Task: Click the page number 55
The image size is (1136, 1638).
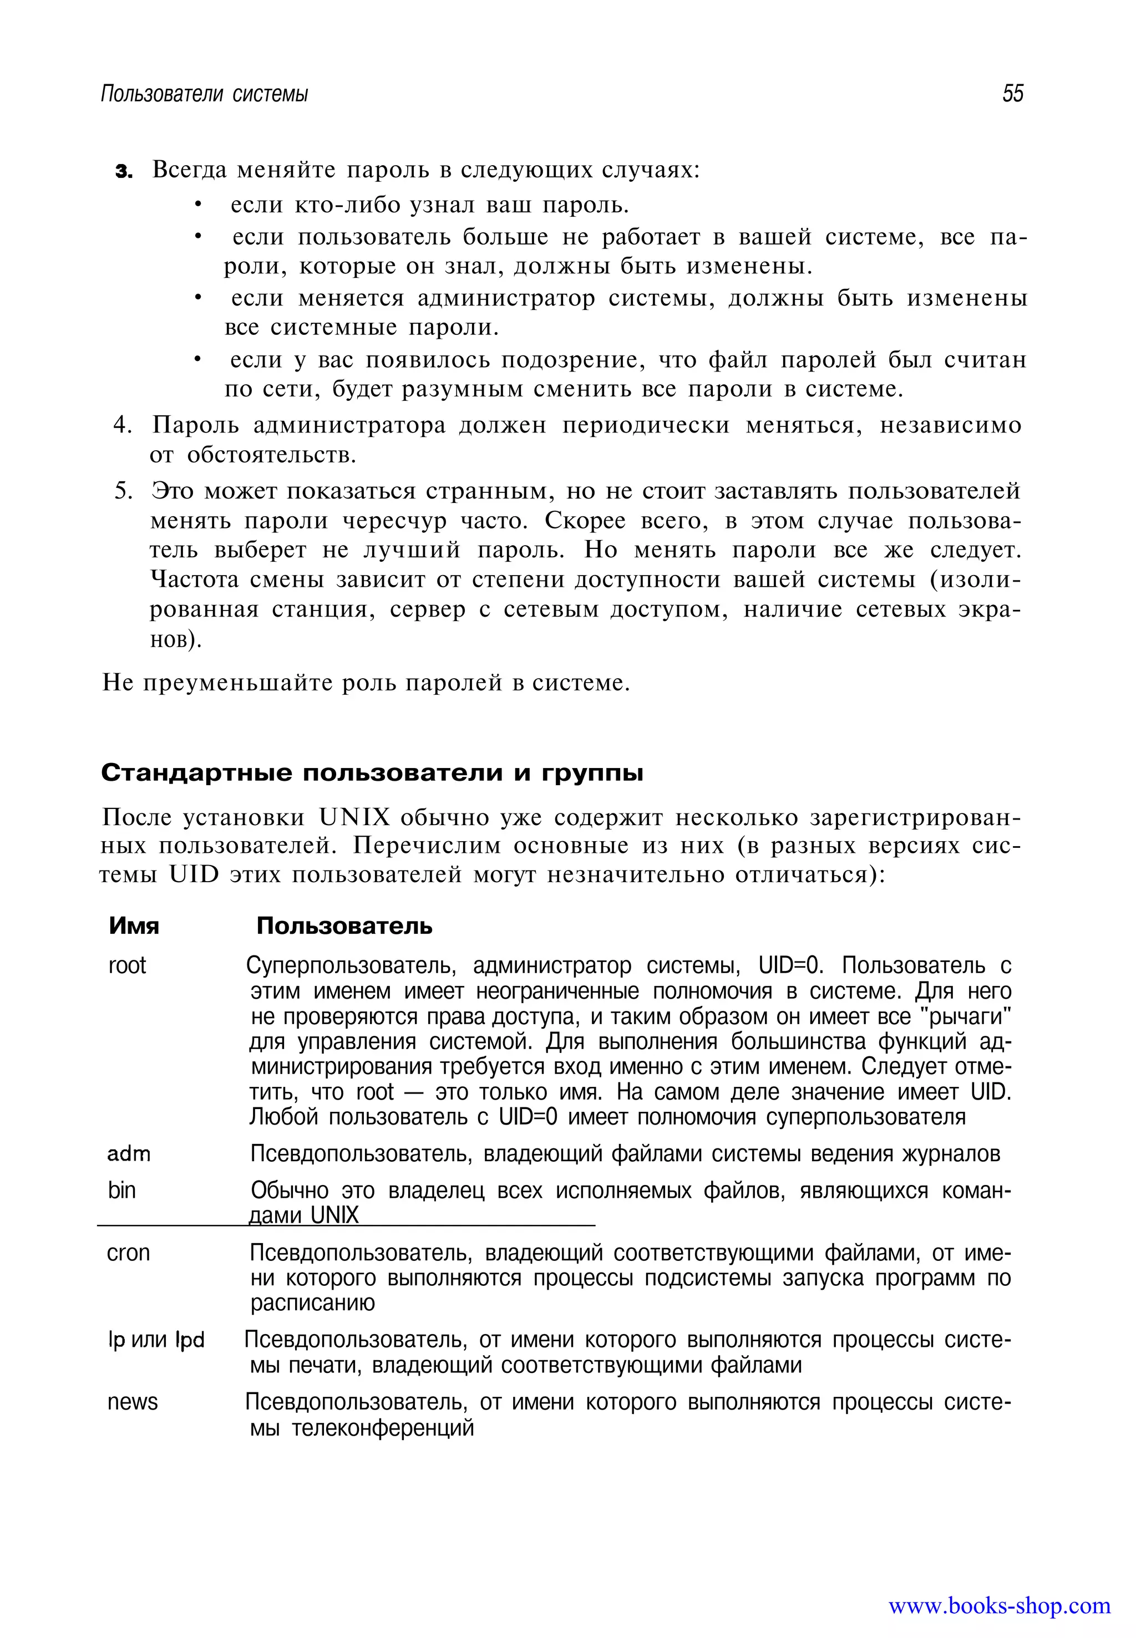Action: point(1012,93)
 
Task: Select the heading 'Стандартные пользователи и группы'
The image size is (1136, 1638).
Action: point(372,773)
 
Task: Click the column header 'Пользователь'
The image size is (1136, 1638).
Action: point(344,925)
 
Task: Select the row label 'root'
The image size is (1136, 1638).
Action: point(126,965)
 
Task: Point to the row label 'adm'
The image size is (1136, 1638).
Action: point(128,1153)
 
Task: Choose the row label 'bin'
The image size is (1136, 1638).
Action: point(121,1190)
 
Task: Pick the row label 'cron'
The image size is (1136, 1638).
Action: point(128,1252)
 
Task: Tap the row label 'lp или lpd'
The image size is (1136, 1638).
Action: point(156,1340)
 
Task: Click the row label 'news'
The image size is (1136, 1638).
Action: point(133,1402)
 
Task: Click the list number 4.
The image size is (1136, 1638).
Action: point(123,425)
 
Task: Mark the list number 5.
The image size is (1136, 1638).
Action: point(123,491)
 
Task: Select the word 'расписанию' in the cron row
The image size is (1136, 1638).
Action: point(312,1303)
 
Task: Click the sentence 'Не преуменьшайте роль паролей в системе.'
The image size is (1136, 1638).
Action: point(366,683)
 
